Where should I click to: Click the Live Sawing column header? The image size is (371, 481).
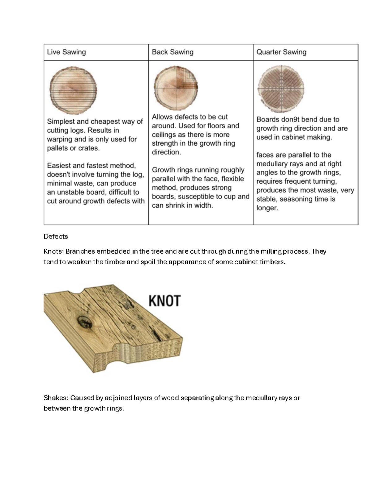pyautogui.click(x=66, y=52)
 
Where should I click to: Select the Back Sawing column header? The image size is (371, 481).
pyautogui.click(x=173, y=52)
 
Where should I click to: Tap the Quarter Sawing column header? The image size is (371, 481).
pyautogui.click(x=281, y=52)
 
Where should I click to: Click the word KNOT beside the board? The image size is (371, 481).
pyautogui.click(x=164, y=301)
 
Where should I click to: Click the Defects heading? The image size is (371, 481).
pyautogui.click(x=56, y=237)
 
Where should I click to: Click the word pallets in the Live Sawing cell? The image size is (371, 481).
pyautogui.click(x=58, y=148)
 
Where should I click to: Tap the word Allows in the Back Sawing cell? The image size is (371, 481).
pyautogui.click(x=162, y=117)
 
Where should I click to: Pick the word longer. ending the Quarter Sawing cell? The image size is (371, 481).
pyautogui.click(x=267, y=208)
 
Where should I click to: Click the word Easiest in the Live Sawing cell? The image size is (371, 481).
pyautogui.click(x=58, y=165)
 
